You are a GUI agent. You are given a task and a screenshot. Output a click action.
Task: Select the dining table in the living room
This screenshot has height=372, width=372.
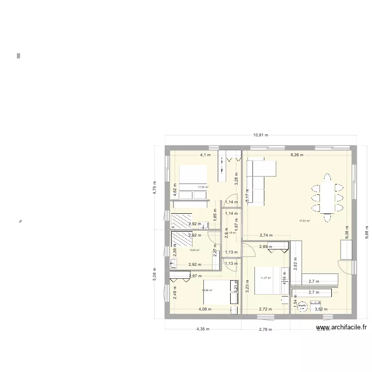click(x=328, y=197)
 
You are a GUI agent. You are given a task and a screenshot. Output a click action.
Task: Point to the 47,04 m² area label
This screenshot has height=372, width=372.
click(x=304, y=221)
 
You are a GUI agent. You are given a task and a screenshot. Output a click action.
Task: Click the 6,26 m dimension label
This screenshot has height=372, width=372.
click(x=298, y=155)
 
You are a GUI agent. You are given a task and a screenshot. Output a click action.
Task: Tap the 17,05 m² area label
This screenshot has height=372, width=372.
click(x=203, y=187)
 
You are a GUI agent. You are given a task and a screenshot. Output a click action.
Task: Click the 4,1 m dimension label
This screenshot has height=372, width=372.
click(x=205, y=155)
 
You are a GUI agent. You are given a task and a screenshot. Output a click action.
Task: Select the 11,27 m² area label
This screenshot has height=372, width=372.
click(x=266, y=278)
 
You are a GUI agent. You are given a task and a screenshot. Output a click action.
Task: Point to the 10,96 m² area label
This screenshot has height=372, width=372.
click(x=207, y=290)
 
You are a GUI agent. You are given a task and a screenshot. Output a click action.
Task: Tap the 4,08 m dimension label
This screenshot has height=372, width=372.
click(x=205, y=309)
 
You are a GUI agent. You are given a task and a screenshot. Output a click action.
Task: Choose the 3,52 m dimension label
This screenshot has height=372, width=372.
click(x=322, y=309)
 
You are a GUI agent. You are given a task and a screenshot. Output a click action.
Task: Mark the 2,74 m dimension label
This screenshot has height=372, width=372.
click(x=266, y=236)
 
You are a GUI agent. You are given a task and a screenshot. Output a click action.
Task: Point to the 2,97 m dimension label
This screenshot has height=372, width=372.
click(x=195, y=276)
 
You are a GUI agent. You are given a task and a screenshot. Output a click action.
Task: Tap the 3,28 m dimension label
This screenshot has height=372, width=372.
click(x=237, y=177)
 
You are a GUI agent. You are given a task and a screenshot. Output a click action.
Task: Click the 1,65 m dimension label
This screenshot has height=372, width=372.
click(x=215, y=216)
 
